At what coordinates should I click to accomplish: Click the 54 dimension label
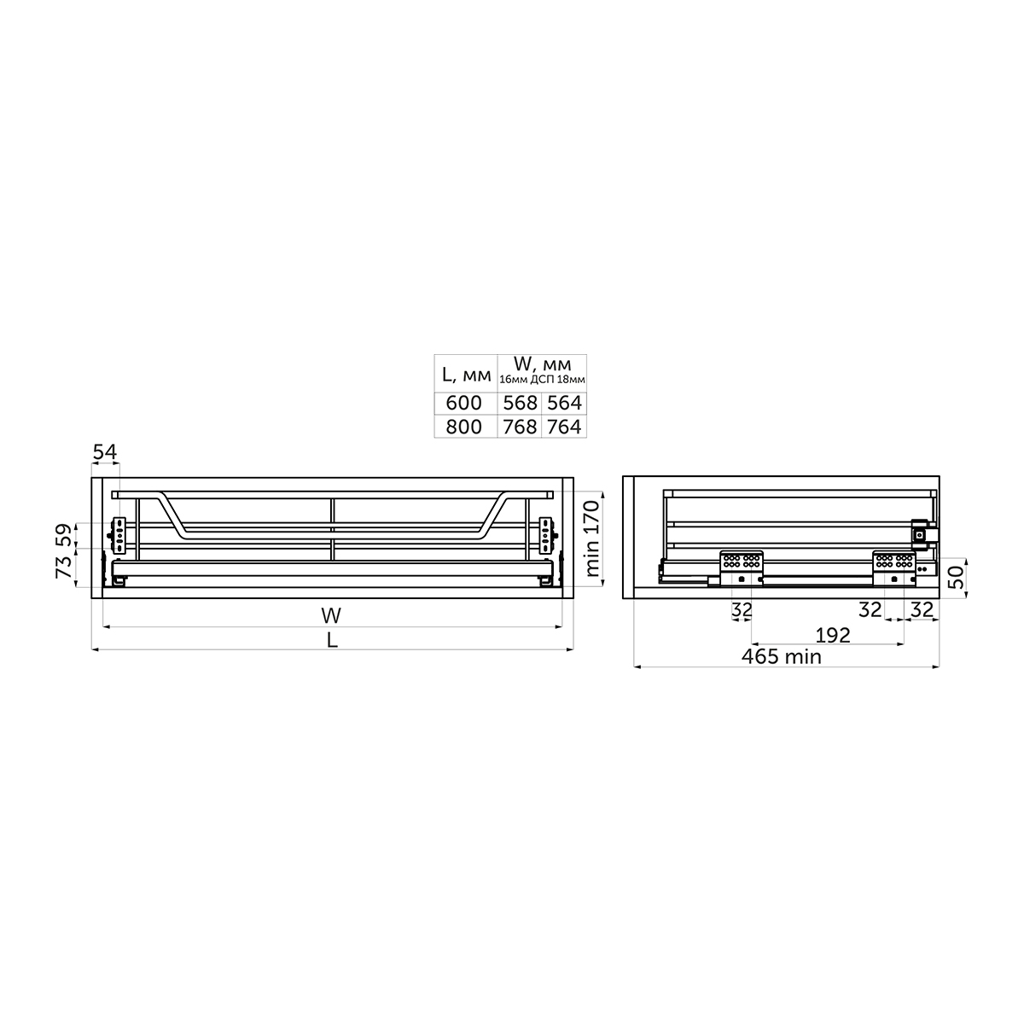105,452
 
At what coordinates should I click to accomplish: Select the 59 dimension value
64,535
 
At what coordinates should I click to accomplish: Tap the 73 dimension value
64,567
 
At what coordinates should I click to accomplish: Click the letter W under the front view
331,616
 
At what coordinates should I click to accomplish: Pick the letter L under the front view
332,640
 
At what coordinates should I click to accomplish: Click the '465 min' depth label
781,657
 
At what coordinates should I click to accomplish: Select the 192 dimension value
833,636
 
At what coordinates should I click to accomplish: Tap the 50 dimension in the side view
956,577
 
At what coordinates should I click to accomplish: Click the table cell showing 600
464,404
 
